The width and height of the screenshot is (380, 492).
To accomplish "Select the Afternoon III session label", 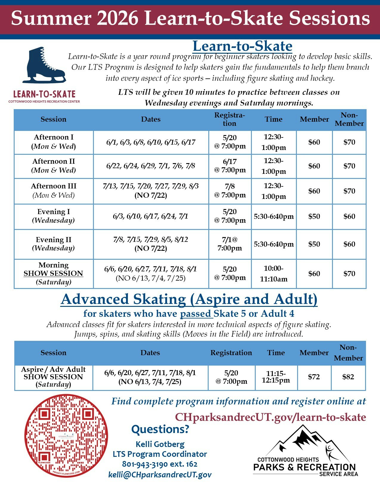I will pos(54,186).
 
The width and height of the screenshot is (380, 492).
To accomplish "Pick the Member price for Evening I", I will pos(314,216).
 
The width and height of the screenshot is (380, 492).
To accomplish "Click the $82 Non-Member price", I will pos(348,377).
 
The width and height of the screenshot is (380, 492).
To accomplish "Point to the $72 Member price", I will pos(314,377).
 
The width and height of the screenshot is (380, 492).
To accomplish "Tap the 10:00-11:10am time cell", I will pos(274,274).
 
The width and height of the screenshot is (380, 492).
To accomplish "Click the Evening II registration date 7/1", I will pos(229,244).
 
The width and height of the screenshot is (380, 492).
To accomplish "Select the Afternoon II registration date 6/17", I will pos(230,166).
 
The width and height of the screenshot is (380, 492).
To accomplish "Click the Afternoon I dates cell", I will pos(151,142).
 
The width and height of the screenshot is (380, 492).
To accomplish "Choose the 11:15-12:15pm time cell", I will pos(276,377).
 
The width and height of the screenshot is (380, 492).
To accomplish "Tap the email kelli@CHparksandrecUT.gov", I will pos(160,475).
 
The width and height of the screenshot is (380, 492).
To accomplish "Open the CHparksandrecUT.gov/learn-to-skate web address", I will pos(270,417).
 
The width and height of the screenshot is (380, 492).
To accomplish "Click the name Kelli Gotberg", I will pos(160,444).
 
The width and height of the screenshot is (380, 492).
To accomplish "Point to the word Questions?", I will pos(160,429).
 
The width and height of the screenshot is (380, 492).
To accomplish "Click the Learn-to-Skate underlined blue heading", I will pos(242,46).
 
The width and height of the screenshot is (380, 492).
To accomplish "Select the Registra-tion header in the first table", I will pos(229,119).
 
